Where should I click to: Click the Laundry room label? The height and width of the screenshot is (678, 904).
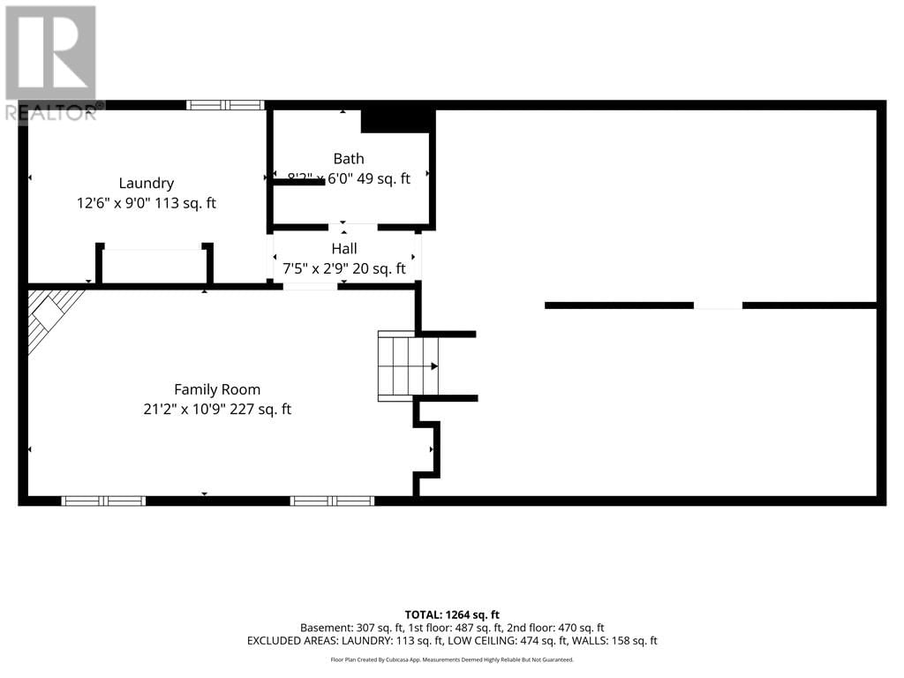(147, 184)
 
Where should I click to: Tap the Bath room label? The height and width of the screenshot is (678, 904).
(349, 159)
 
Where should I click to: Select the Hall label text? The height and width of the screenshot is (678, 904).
(344, 249)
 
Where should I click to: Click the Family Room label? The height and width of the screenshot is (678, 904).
(217, 389)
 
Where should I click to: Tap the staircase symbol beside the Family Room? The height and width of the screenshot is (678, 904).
(408, 365)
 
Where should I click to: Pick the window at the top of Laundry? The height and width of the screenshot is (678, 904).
(225, 105)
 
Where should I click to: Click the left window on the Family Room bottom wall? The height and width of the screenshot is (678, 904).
(103, 501)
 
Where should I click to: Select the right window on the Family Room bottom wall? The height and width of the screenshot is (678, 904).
(332, 501)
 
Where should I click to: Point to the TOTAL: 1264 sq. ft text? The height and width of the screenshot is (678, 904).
(452, 614)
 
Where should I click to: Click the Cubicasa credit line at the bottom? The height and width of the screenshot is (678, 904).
(452, 659)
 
